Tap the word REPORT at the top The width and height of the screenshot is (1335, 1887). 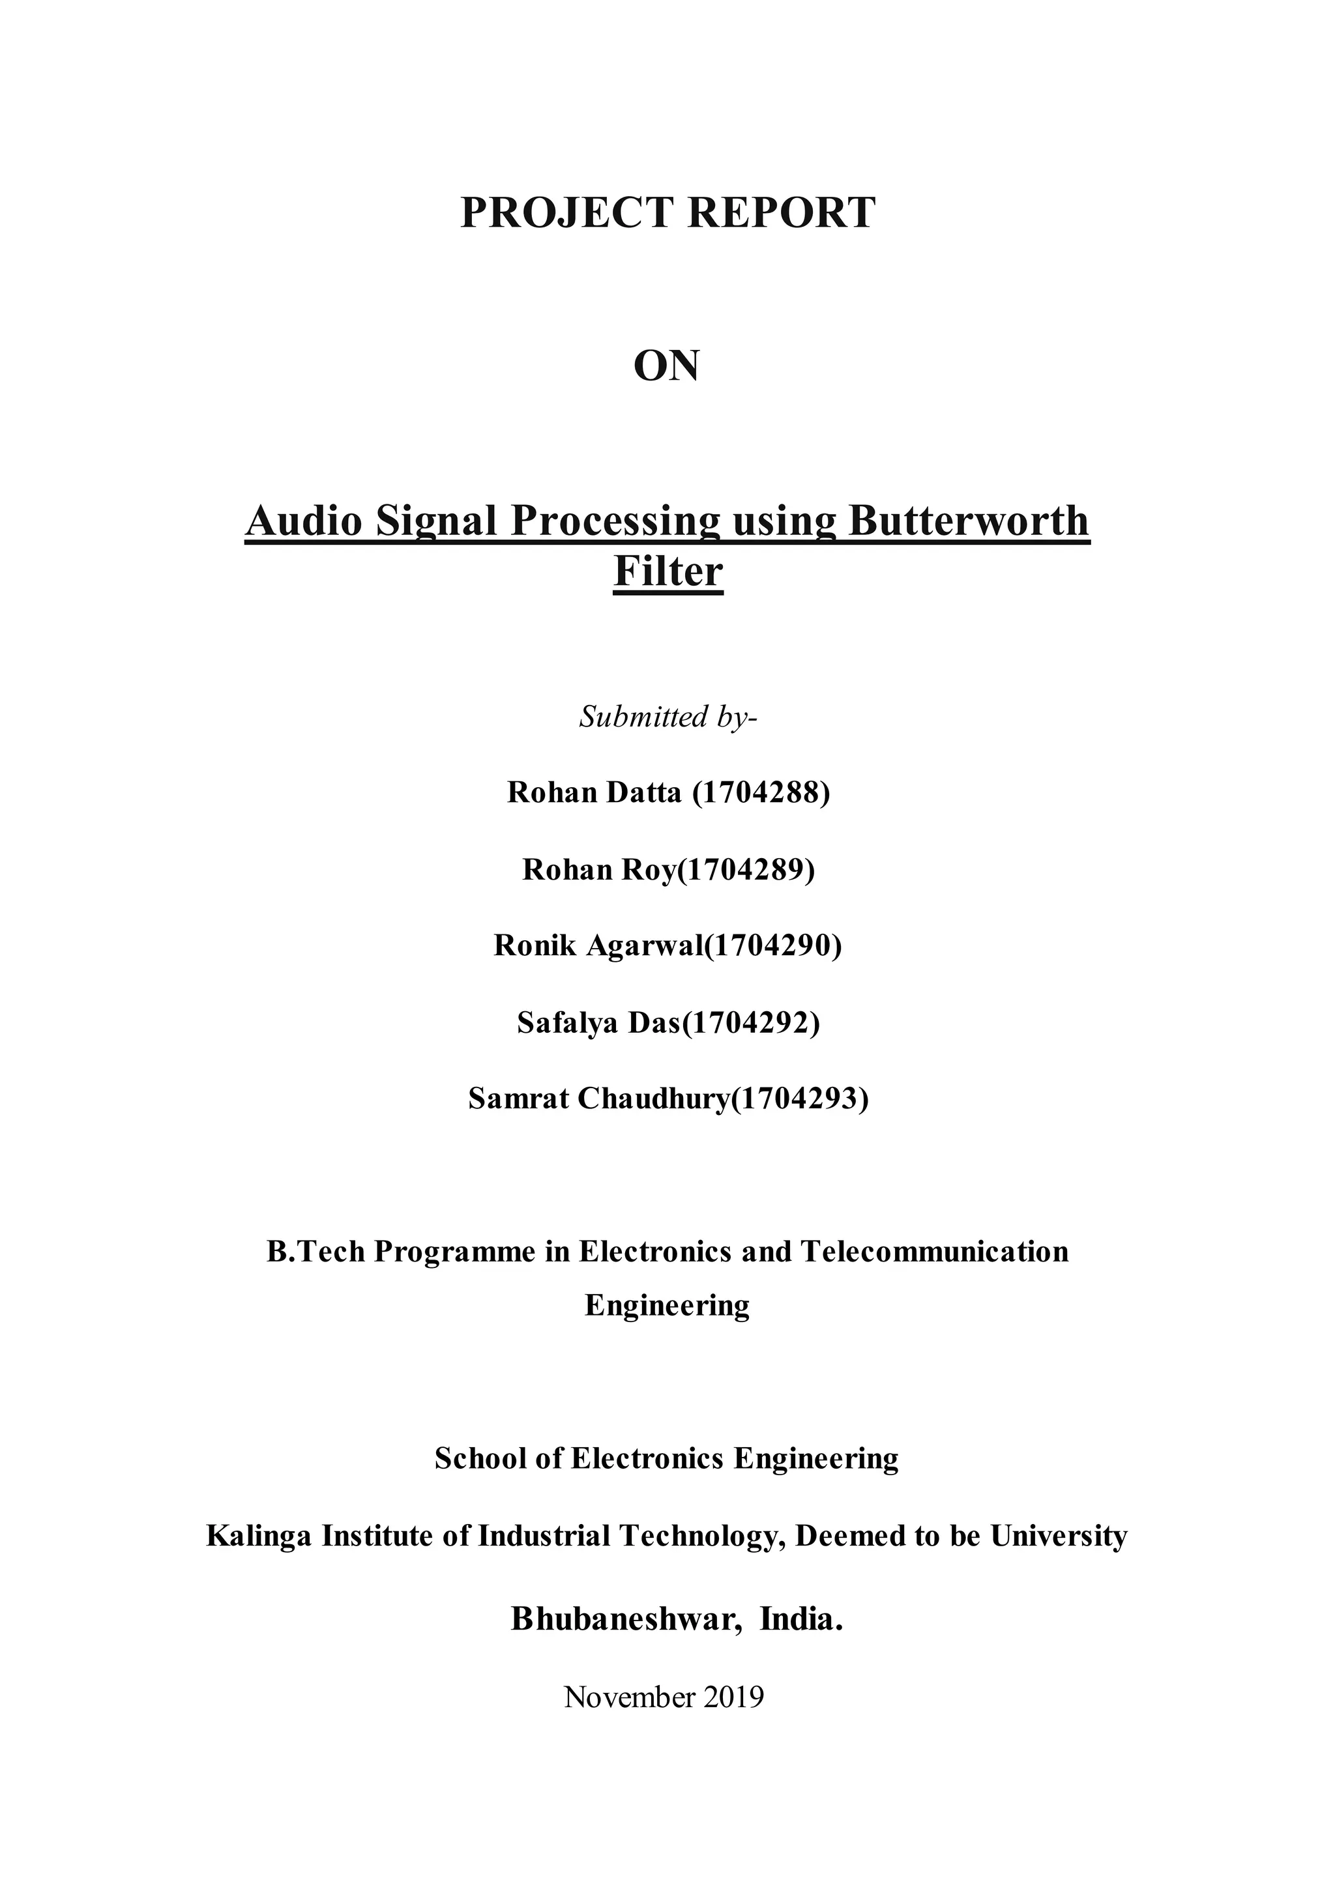pyautogui.click(x=781, y=213)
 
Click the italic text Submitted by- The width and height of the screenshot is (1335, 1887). pyautogui.click(x=667, y=717)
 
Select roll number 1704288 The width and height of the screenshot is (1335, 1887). pyautogui.click(x=761, y=792)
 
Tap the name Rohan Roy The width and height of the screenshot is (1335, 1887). pyautogui.click(x=598, y=869)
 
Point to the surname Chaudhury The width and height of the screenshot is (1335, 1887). pyautogui.click(x=654, y=1099)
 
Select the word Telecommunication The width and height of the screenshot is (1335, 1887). pyautogui.click(x=935, y=1252)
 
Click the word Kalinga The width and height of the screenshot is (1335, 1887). pyautogui.click(x=258, y=1536)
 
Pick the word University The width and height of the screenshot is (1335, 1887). pyautogui.click(x=1059, y=1536)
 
